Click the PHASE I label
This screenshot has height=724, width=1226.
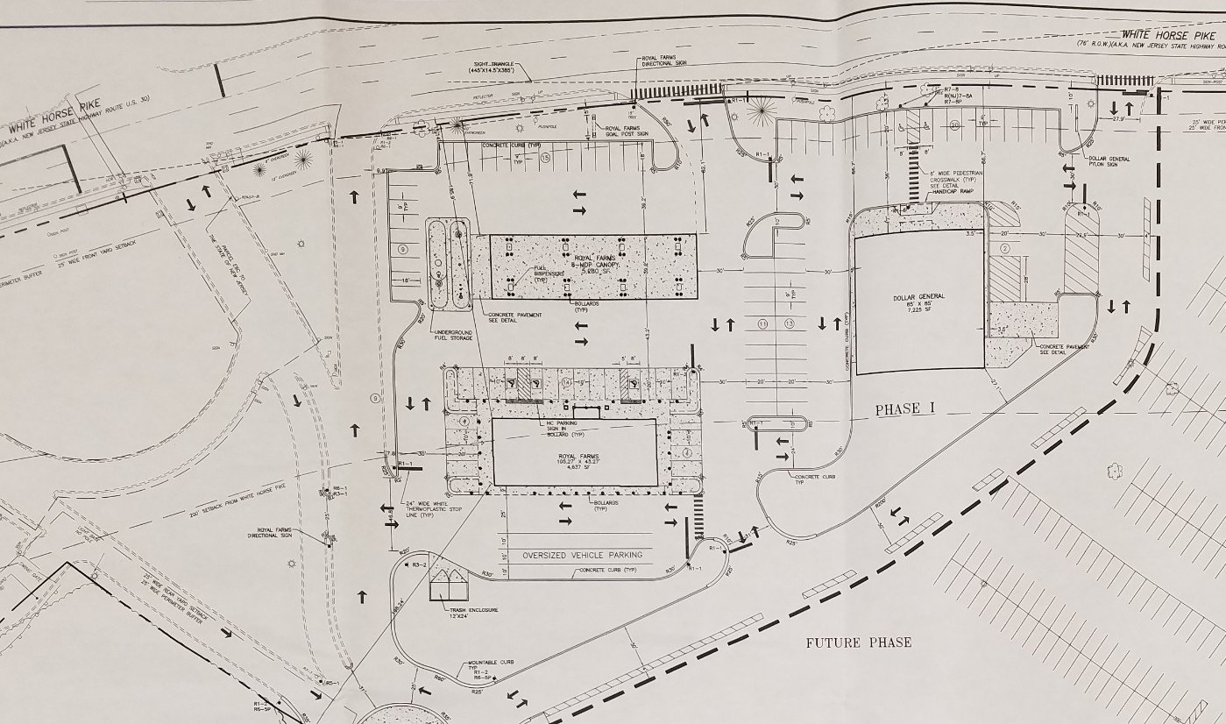click(x=898, y=409)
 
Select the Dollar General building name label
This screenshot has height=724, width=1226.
click(x=919, y=298)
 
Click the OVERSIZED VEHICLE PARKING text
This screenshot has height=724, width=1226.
click(x=583, y=555)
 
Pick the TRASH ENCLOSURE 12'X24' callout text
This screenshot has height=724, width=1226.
click(x=474, y=611)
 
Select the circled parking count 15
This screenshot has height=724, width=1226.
click(x=545, y=158)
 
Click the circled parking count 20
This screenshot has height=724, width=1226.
click(x=954, y=125)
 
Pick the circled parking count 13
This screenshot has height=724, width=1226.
click(x=790, y=324)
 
